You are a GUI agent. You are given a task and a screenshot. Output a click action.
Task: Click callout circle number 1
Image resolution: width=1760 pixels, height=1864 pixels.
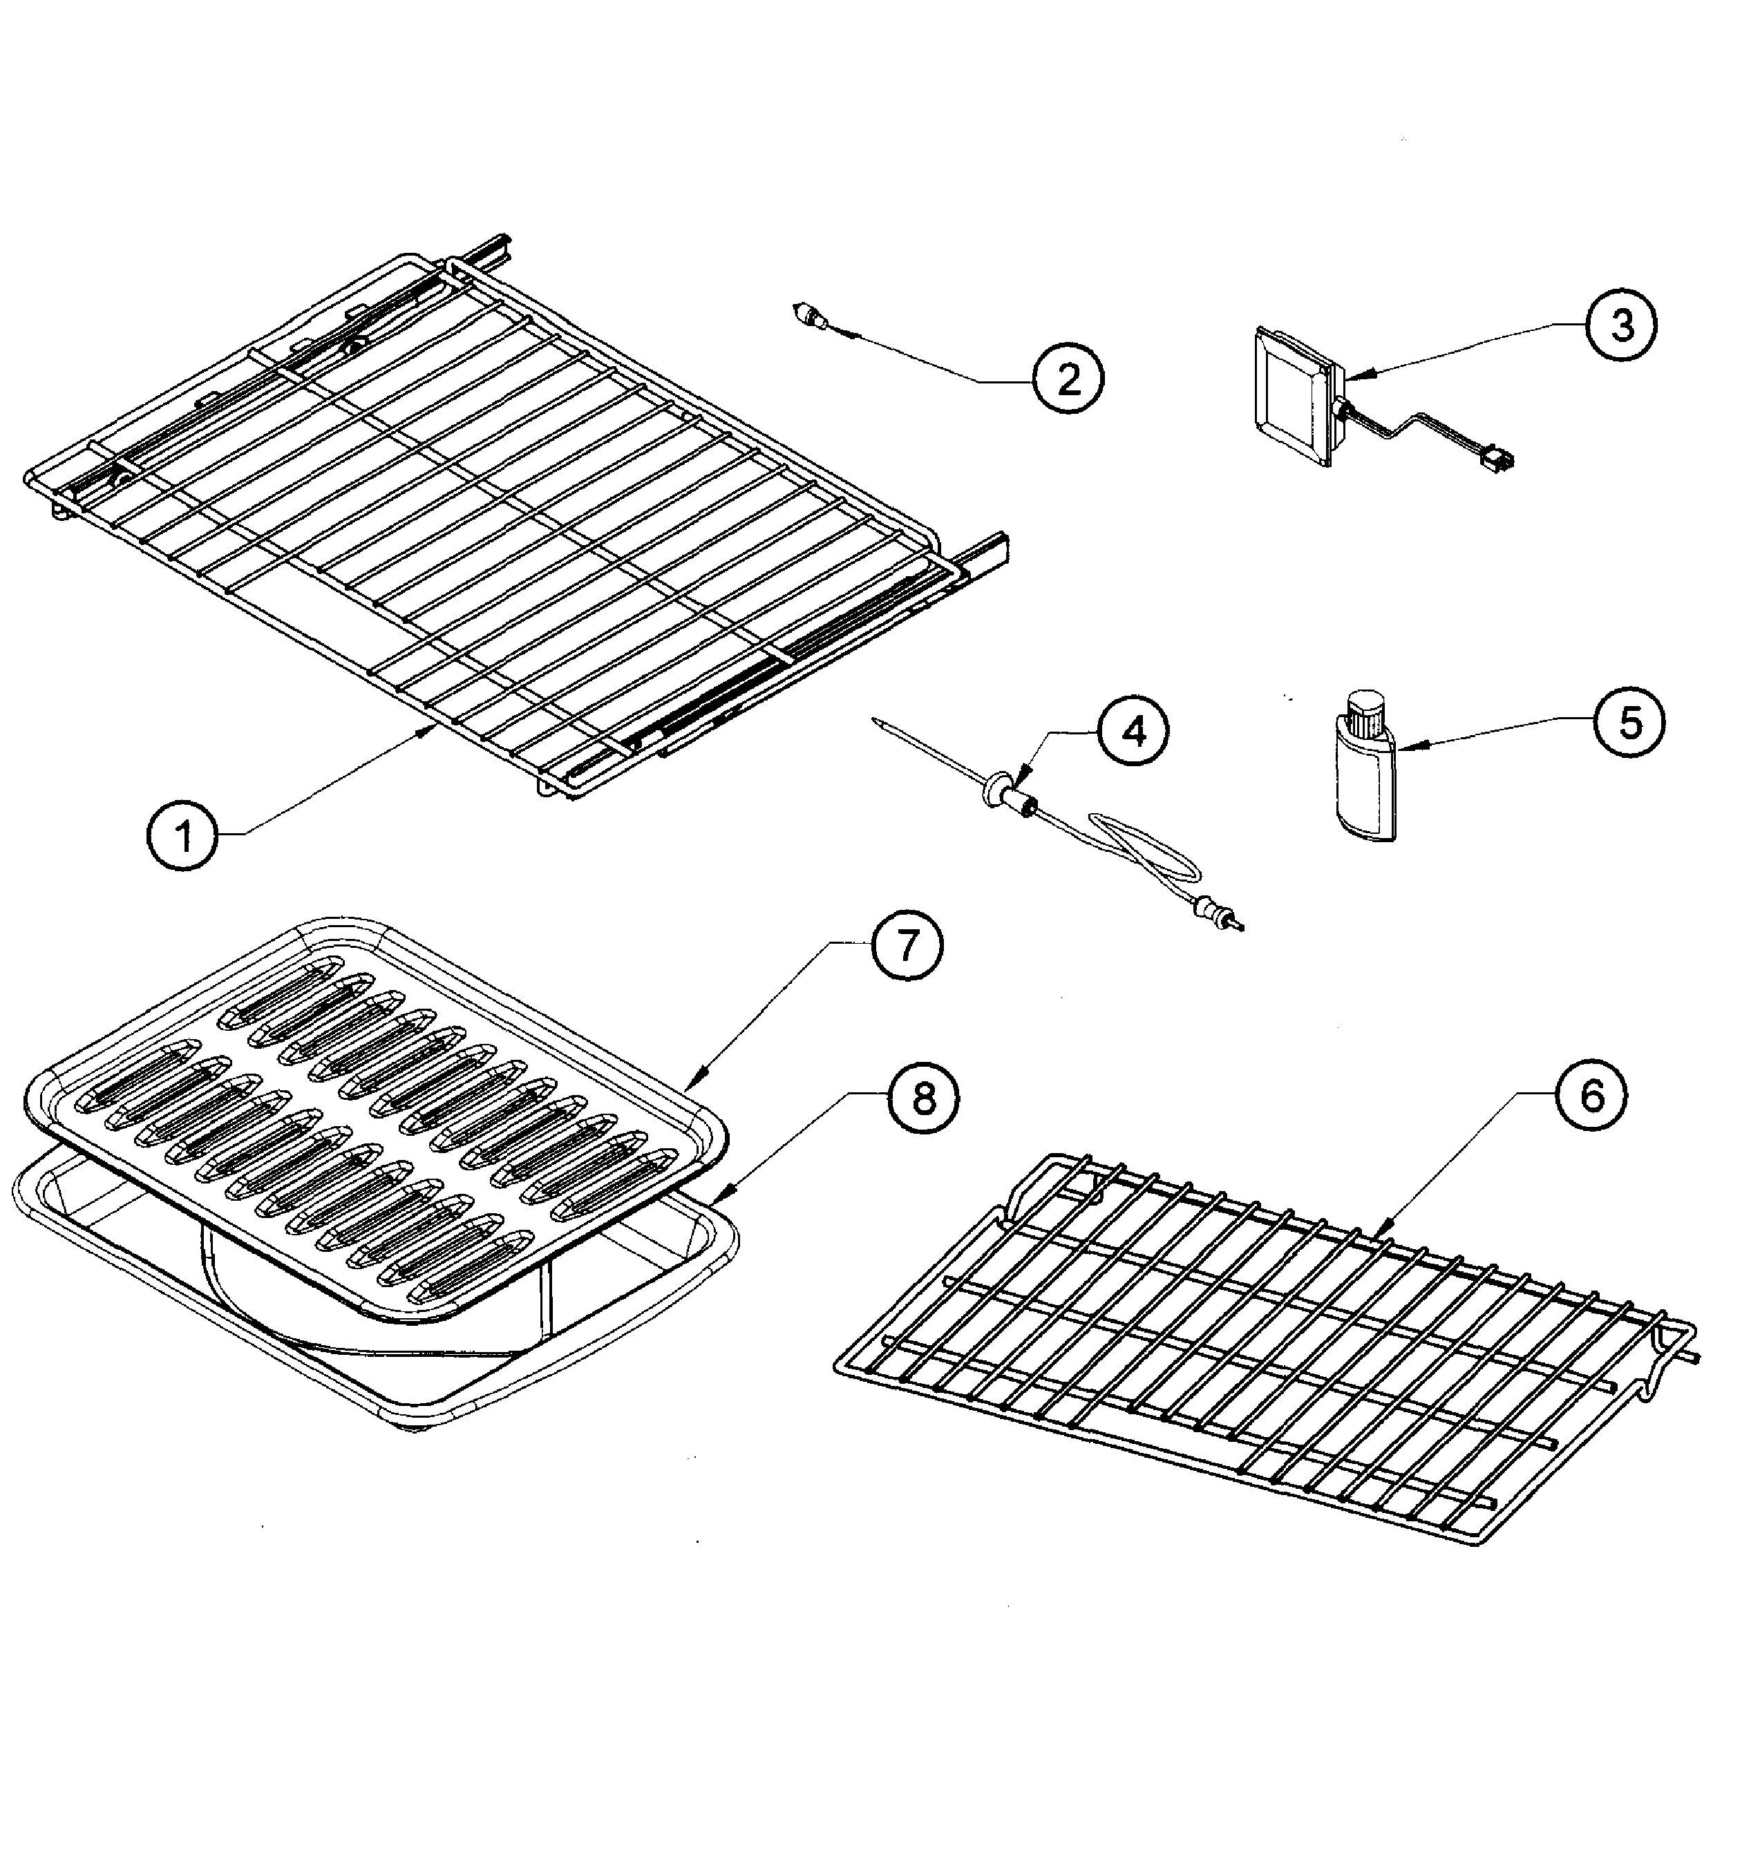pyautogui.click(x=184, y=833)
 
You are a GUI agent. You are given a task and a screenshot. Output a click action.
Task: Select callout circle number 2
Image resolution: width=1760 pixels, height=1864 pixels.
pyautogui.click(x=1068, y=379)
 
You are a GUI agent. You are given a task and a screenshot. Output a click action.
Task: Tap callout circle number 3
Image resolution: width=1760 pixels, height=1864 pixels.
pyautogui.click(x=1621, y=325)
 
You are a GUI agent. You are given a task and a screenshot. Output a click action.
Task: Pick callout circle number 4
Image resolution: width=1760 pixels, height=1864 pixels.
pyautogui.click(x=1134, y=732)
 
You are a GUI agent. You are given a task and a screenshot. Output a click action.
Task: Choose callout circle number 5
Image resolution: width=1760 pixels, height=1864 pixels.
pyautogui.click(x=1629, y=723)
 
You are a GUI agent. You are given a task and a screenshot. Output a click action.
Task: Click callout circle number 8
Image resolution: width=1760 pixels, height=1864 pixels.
pyautogui.click(x=924, y=1099)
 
